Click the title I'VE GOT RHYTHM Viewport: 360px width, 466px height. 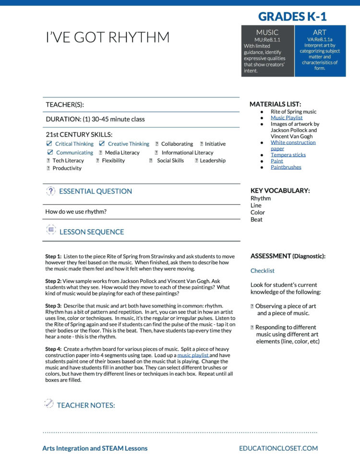click(x=108, y=37)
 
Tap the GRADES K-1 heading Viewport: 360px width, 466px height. click(x=292, y=17)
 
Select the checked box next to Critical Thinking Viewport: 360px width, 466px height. click(x=49, y=144)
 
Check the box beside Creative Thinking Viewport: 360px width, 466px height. click(x=102, y=144)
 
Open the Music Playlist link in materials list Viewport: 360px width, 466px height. click(x=287, y=118)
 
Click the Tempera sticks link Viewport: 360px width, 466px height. click(x=288, y=155)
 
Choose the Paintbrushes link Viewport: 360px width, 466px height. click(x=286, y=167)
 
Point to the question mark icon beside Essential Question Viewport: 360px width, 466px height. click(x=50, y=191)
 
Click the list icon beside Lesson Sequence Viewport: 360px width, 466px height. click(x=51, y=230)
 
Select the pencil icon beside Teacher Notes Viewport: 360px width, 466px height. click(x=49, y=404)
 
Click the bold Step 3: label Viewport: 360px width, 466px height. click(x=53, y=306)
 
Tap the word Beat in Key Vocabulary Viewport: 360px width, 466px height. click(x=256, y=220)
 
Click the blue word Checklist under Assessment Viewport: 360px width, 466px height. click(x=263, y=271)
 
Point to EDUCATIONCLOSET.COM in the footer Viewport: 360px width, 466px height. click(x=278, y=448)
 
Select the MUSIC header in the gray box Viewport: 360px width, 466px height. click(x=267, y=33)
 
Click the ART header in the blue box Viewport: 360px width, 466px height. click(x=320, y=33)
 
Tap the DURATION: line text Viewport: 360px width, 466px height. click(x=95, y=119)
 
